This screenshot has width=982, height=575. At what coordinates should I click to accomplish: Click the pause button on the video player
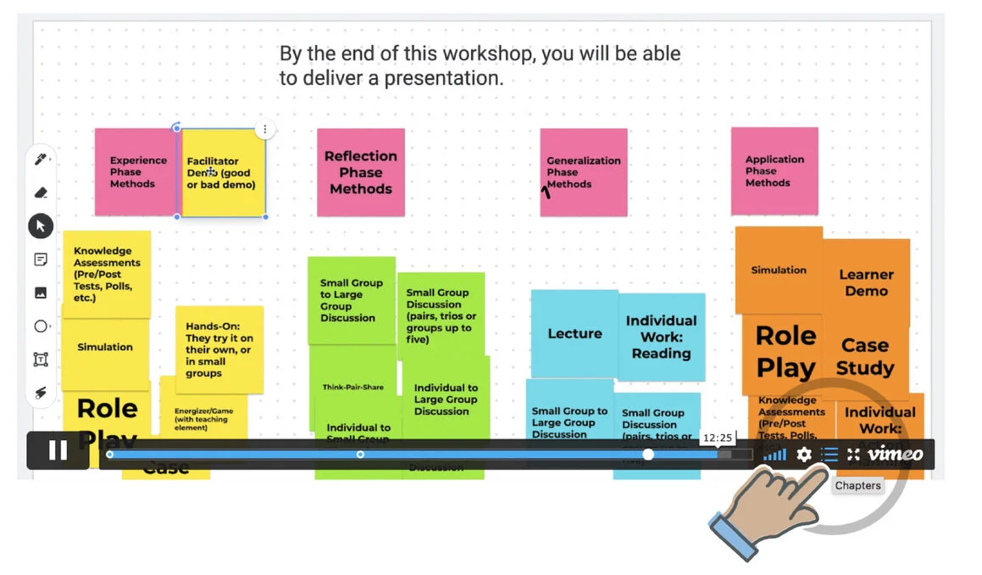coord(58,450)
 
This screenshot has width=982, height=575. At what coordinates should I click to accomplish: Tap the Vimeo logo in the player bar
coord(896,454)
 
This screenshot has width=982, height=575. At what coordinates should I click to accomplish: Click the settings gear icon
coord(804,455)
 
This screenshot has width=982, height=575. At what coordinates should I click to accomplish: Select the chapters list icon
coord(829,455)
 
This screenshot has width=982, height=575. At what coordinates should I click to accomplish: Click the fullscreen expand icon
coord(853,455)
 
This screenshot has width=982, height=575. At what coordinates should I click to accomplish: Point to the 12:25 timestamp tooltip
coord(717,438)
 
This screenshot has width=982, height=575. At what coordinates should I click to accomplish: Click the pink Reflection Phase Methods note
coord(361,172)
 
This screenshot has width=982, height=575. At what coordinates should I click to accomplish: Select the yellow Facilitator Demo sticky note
coord(223,173)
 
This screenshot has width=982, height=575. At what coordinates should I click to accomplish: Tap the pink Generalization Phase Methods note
coord(584,172)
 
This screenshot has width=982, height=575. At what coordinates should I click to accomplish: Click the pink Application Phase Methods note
coord(774,170)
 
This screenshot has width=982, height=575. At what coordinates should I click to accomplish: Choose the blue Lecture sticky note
coord(574,333)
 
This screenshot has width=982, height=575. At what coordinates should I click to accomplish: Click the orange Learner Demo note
coord(866,282)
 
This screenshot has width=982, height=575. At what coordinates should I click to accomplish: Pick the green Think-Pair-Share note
coord(352,388)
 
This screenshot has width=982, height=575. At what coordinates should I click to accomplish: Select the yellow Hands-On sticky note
coord(219,349)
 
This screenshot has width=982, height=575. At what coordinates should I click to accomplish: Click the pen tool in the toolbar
coord(40,159)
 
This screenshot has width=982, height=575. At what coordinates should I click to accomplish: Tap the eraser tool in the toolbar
coord(40,192)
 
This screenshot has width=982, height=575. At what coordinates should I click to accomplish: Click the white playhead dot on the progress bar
coord(648,455)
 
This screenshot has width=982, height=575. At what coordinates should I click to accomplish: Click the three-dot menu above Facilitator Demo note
coord(265,130)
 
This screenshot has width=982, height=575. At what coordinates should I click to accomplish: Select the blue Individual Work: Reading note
coord(661,337)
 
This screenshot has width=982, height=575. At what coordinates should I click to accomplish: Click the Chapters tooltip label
coord(857,486)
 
